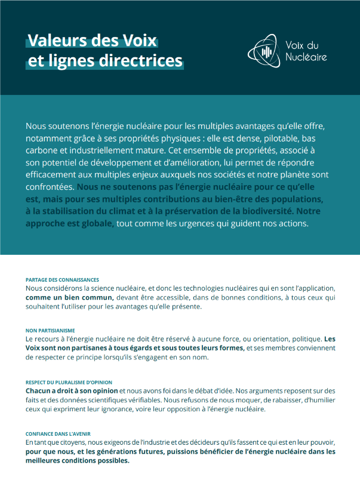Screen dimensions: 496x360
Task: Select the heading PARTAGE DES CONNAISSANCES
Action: (x=62, y=279)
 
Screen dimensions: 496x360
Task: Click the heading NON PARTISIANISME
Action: (x=51, y=330)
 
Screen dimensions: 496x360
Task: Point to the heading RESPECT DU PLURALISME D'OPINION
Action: (x=69, y=382)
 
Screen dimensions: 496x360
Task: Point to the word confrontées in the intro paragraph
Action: (x=50, y=187)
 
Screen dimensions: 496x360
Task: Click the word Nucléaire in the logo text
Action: (x=306, y=57)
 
